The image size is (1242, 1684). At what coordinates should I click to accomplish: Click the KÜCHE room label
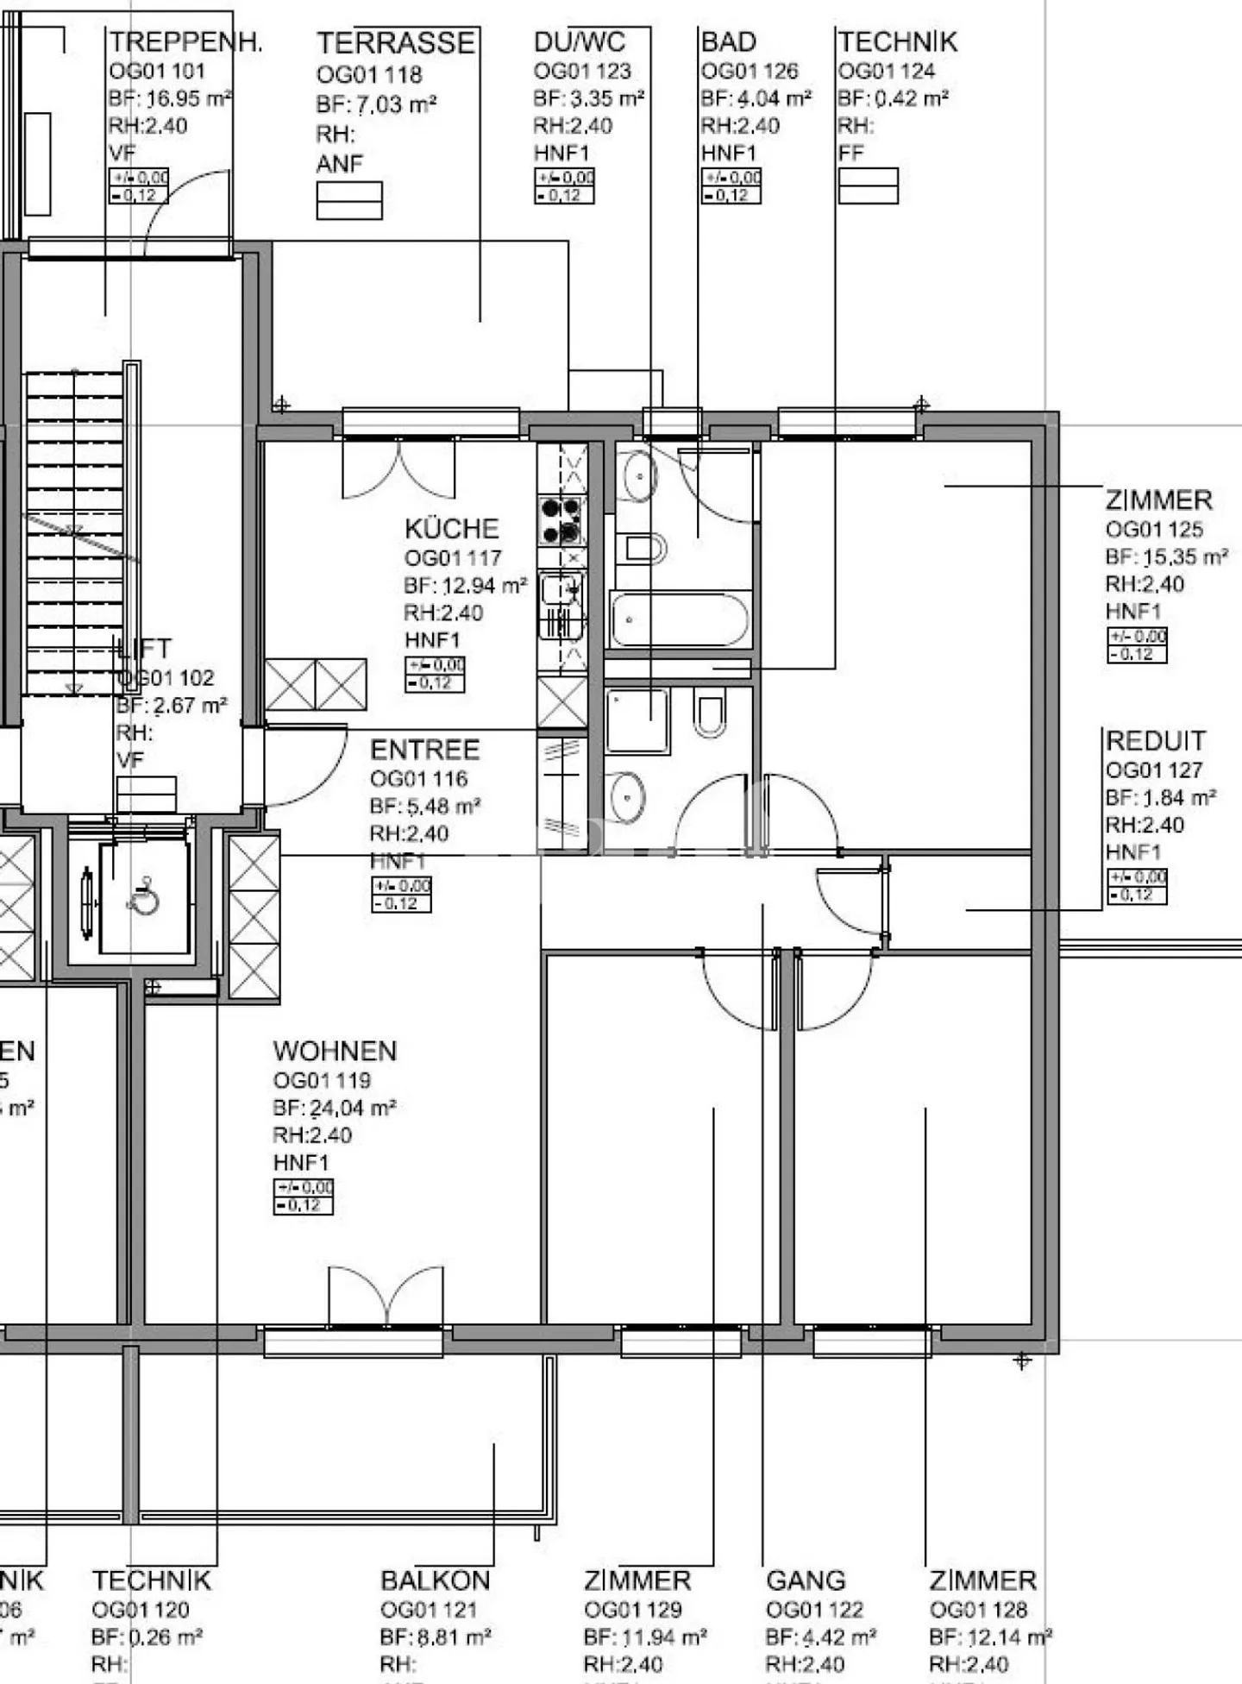point(451,529)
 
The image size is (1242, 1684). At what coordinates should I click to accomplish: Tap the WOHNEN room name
point(335,1051)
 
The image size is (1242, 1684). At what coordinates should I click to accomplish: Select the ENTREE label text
point(424,750)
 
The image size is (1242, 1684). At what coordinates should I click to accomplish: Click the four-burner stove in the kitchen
point(561,520)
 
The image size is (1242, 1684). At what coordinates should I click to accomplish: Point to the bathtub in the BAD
point(679,619)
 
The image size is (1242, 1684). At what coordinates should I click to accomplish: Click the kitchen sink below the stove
point(561,604)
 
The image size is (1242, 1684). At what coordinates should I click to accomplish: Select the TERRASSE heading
point(395,43)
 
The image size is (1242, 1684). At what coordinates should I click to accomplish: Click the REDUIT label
point(1155,741)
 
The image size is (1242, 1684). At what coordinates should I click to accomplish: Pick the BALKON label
point(435,1580)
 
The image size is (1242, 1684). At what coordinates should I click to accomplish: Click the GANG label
point(806,1580)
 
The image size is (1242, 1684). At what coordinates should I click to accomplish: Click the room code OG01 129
point(632,1610)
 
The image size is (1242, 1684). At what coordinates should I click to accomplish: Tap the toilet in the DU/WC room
point(709,714)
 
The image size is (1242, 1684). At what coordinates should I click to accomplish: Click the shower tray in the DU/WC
point(637,721)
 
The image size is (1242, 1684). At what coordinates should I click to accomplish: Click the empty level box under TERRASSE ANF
point(349,200)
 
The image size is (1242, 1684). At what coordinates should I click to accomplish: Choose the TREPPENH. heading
point(185,42)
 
